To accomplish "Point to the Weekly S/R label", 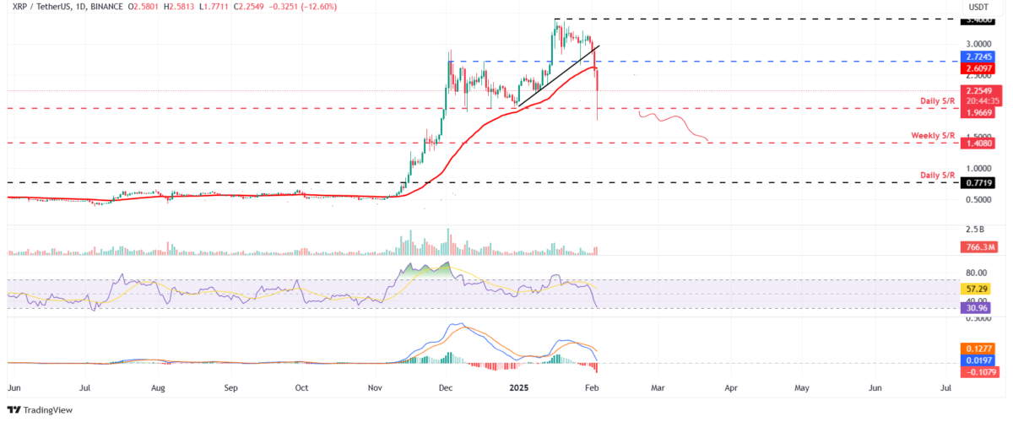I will [932, 136].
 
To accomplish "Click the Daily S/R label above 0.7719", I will [937, 175].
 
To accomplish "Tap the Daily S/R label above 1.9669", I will [937, 101].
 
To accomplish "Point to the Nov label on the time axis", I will [376, 389].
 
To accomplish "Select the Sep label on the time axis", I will [232, 389].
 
